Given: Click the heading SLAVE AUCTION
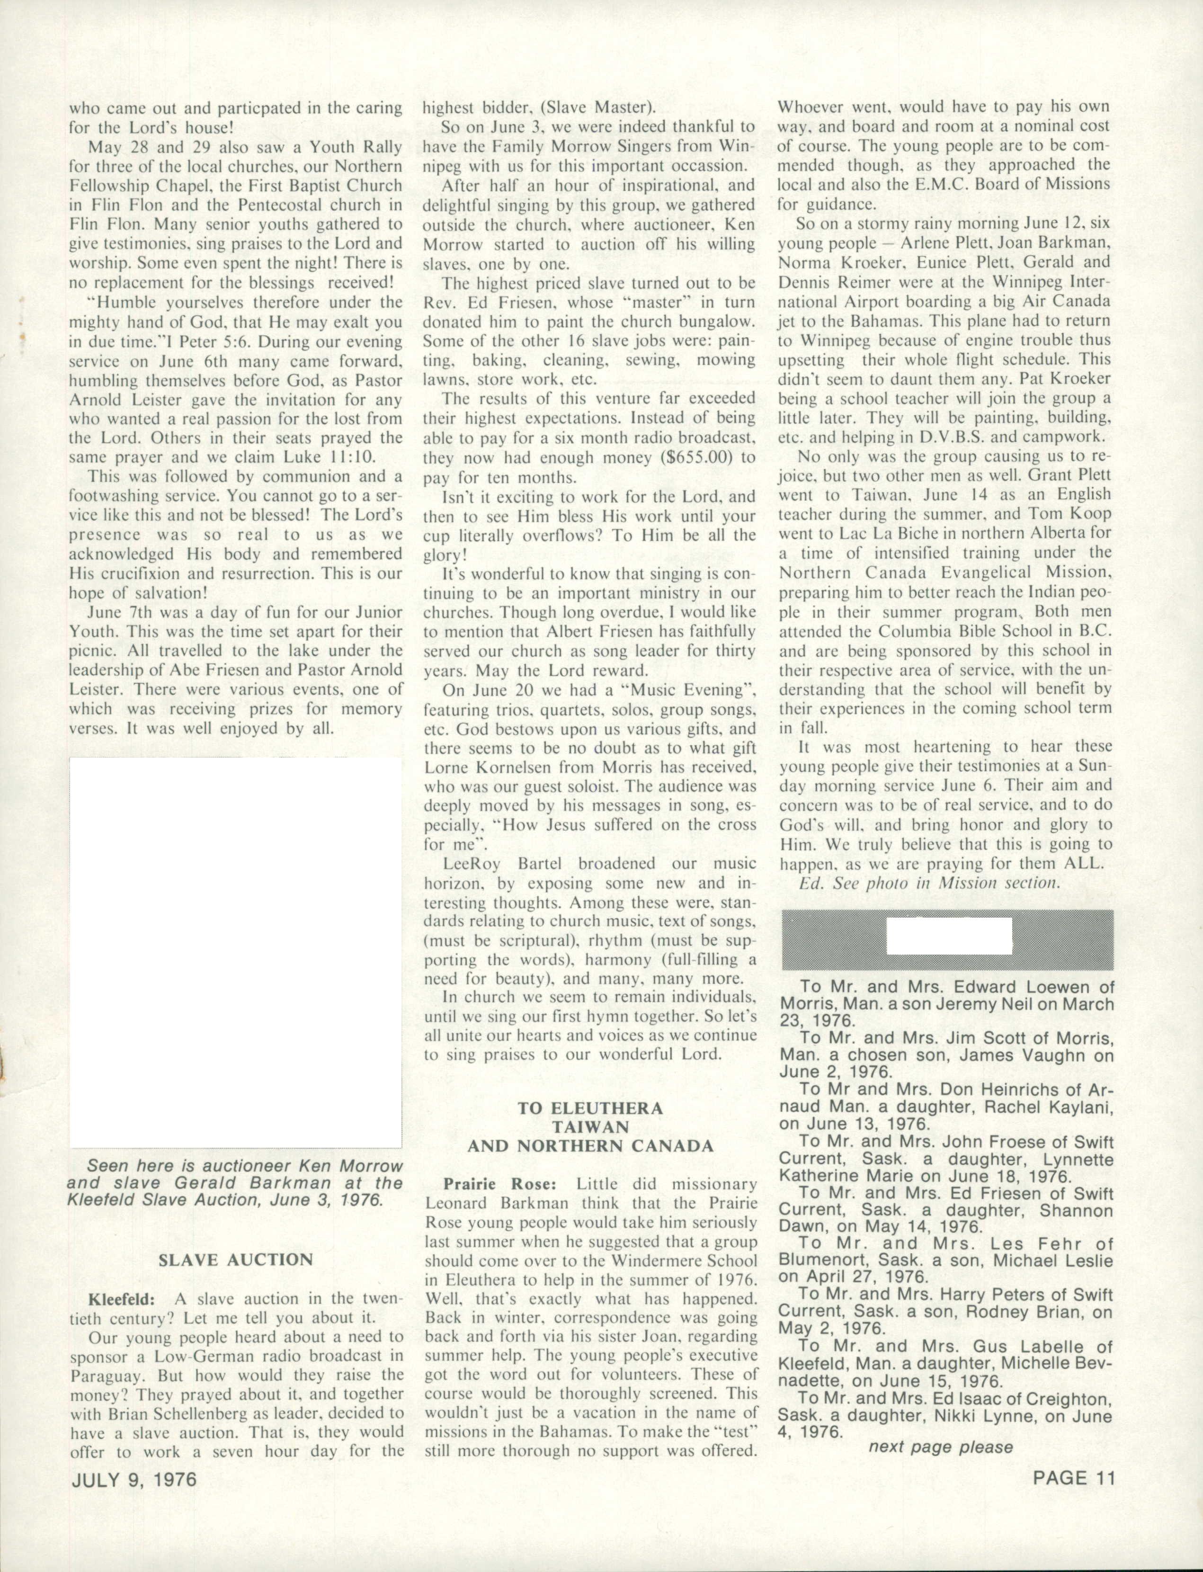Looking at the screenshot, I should [x=236, y=1260].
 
